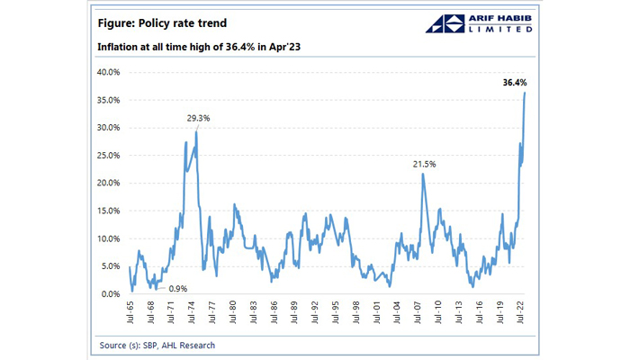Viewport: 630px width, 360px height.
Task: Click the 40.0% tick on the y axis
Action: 108,72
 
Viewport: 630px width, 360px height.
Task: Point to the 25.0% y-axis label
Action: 108,156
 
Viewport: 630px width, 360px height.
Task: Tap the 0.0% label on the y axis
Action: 111,294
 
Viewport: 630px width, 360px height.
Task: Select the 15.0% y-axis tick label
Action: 108,211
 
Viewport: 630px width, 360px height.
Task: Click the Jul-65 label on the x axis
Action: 131,313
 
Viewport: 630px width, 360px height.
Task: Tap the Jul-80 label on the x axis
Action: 234,313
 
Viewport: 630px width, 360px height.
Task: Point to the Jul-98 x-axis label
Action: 358,313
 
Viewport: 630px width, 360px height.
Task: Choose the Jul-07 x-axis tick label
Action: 419,313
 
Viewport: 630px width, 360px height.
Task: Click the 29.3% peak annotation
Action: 199,118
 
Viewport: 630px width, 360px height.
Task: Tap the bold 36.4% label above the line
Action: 515,83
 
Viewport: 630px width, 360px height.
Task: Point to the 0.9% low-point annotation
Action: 178,288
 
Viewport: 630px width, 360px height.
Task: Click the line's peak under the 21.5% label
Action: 423,175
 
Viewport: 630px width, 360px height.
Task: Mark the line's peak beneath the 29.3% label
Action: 197,132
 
